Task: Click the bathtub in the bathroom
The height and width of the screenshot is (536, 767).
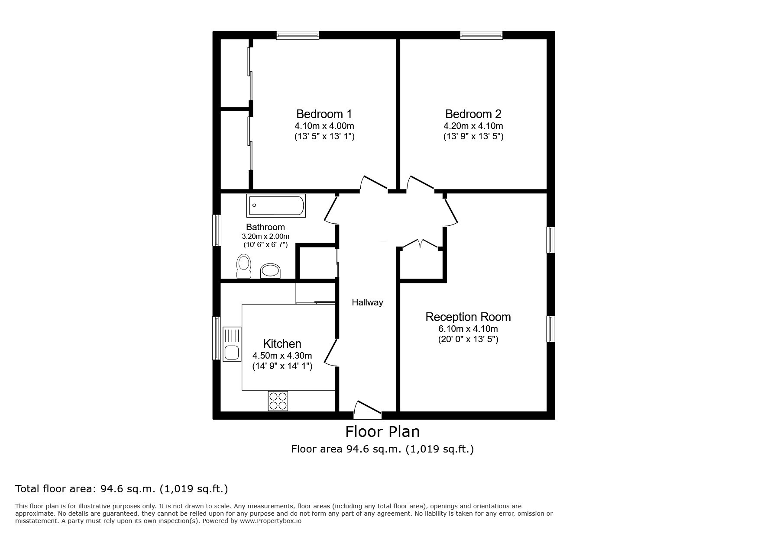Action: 276,205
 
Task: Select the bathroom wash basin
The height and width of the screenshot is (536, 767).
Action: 270,271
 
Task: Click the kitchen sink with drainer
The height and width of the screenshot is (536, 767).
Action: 232,344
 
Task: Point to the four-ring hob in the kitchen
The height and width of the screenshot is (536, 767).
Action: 278,401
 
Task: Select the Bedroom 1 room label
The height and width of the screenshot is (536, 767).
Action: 324,114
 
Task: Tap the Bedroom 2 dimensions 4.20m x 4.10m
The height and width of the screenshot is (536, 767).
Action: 473,126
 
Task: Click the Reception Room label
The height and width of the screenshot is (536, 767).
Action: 468,317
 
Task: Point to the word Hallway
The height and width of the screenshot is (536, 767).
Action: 367,302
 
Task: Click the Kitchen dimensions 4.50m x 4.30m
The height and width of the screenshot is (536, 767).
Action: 282,356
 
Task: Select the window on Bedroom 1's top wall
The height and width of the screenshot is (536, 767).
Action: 298,35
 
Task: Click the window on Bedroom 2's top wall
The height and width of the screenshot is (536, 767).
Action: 481,35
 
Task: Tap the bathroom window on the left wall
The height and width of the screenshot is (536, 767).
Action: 217,230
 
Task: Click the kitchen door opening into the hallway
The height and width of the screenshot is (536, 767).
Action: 330,353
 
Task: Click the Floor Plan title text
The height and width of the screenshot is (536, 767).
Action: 382,432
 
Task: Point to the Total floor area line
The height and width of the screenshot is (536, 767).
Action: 121,489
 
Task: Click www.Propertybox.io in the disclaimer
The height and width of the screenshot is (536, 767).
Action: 270,521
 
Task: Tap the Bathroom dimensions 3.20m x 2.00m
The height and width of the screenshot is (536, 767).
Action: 265,236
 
